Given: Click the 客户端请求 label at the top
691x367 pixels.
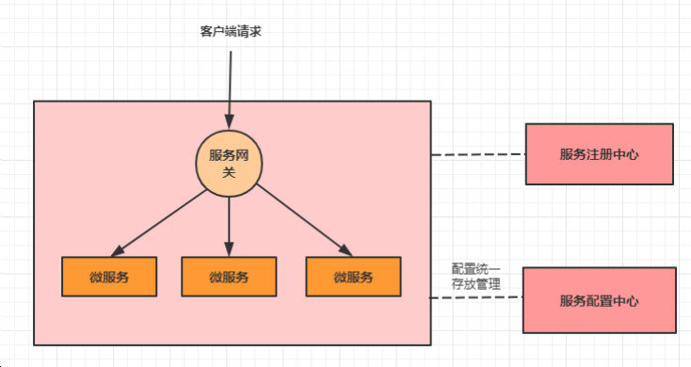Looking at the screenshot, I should point(229,31).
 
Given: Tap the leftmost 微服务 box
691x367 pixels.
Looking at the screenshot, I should point(109,277).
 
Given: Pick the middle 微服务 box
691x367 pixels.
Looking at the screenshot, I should point(229,277).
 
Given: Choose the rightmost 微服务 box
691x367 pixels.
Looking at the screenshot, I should point(353,277).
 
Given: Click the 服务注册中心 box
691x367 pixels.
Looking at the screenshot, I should point(599,154).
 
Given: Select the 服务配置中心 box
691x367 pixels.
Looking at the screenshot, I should point(599,300).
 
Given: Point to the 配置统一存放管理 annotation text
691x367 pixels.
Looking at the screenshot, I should point(476,276).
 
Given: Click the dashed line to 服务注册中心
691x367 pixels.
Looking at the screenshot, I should point(477,154).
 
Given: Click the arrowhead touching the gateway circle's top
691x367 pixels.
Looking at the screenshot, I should point(229,121).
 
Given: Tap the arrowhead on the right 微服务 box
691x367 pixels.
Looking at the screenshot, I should point(345,250).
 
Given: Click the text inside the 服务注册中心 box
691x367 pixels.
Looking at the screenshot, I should point(599,154).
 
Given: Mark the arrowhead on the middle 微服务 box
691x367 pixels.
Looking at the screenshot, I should point(229,249).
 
